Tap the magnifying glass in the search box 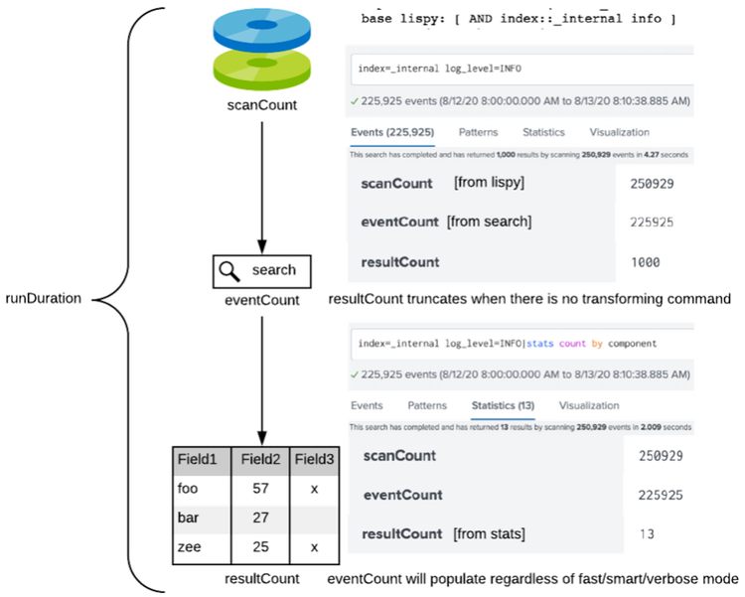coord(227,270)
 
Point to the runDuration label coord(44,297)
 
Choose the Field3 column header coord(315,459)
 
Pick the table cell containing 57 coord(260,489)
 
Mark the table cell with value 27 coord(260,519)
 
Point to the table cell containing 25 coord(260,547)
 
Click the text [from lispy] coord(488,183)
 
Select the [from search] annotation coord(490,222)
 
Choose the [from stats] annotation coord(489,533)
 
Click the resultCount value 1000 coord(647,262)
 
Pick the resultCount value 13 coord(647,534)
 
